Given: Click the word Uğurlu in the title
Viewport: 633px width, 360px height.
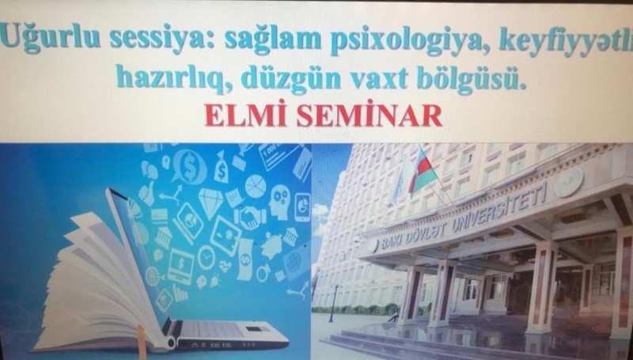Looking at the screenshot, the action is point(51,39).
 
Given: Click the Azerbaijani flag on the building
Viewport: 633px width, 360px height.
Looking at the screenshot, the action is point(422,170).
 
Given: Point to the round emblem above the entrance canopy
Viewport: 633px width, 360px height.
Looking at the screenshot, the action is point(568,182).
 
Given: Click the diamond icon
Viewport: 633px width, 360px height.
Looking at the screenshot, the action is point(210,203).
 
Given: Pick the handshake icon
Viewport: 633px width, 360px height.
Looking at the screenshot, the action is point(251,218).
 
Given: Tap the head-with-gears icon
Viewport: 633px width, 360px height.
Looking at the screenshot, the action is point(279,202).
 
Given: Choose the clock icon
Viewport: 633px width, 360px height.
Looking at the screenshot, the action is point(207,257).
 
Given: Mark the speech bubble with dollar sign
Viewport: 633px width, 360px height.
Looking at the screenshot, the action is point(189,166).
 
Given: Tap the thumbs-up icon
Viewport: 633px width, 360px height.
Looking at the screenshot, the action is point(146,193).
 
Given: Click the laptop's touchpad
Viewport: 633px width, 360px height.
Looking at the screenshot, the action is point(253,329).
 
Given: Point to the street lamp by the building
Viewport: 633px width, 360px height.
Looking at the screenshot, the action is point(333,303).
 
